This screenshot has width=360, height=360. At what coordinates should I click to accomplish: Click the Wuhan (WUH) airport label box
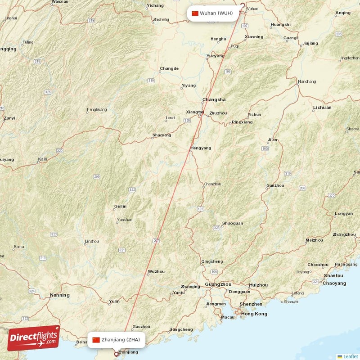tap(213, 13)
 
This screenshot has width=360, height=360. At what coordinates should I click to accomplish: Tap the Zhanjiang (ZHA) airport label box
tap(117, 340)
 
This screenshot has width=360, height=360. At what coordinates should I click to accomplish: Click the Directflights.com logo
tap(34, 338)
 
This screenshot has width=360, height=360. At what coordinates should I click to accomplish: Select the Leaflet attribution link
tap(351, 356)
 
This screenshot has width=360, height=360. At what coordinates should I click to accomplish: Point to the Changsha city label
tap(214, 100)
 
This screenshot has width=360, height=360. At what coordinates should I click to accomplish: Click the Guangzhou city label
tap(218, 284)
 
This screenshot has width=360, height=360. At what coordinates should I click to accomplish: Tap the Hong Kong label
tap(254, 314)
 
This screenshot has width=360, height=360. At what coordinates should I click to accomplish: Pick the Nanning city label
tap(60, 295)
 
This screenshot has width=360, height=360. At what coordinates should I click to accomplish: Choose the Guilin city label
tap(120, 206)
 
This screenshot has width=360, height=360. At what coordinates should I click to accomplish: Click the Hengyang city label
tap(201, 148)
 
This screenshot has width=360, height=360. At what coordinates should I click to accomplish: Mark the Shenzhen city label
tap(251, 304)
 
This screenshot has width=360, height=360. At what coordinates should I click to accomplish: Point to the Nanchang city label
tap(307, 81)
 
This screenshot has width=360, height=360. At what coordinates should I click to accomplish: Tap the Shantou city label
tap(333, 275)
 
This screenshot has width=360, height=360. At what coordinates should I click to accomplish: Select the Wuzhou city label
tap(156, 271)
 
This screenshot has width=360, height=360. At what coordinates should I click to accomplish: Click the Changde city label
tap(169, 69)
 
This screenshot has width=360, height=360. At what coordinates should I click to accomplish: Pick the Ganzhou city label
tap(275, 185)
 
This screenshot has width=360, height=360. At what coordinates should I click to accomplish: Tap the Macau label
tap(228, 317)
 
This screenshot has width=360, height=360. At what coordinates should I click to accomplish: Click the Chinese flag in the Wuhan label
tap(195, 13)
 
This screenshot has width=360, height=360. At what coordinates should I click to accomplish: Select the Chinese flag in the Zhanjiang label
tap(96, 340)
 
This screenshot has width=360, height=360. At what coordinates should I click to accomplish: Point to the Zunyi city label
tap(9, 118)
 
